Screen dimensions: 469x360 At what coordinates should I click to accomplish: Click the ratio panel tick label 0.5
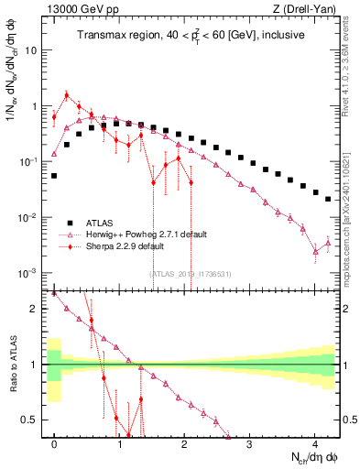click(32, 420)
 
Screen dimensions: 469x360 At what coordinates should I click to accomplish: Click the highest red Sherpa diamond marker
click(66, 95)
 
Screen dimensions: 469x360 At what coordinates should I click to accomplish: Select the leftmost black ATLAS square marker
click(54, 175)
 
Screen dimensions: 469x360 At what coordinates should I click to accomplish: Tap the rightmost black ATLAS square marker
click(328, 198)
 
